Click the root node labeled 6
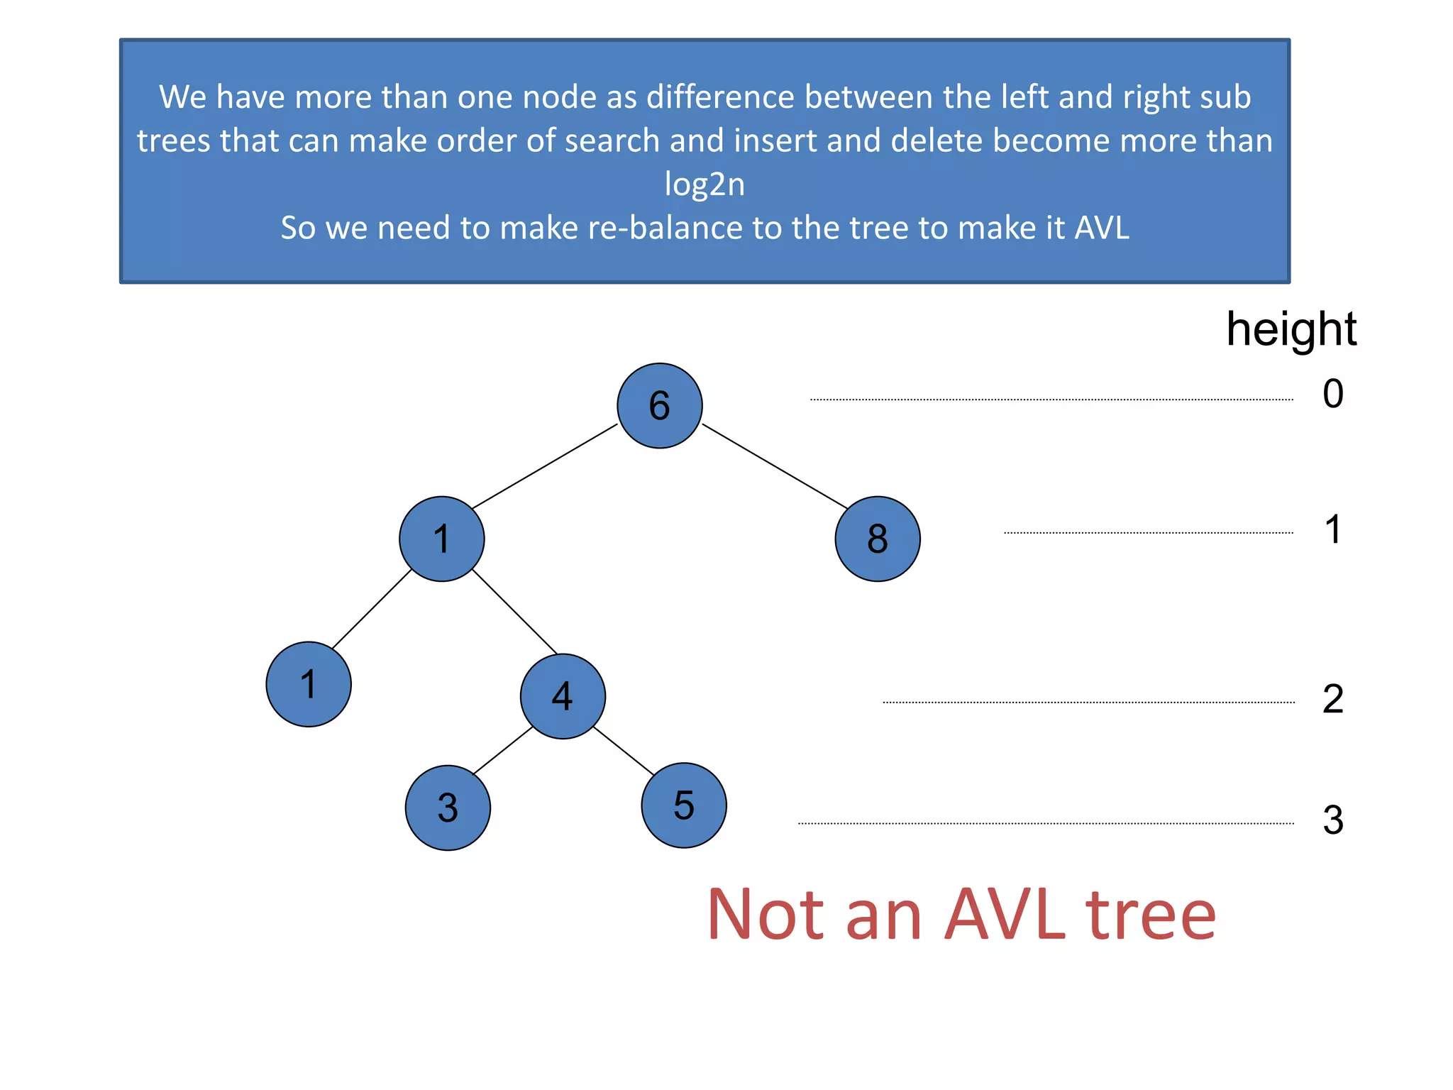coord(659,405)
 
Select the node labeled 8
coord(877,539)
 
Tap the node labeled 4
coord(563,696)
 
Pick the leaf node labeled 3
coord(448,808)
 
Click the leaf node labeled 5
coord(683,805)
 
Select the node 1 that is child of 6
coord(441,539)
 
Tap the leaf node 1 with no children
coord(309,684)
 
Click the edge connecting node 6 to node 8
coord(774,466)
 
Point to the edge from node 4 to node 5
coord(623,751)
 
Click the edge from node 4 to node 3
coord(503,751)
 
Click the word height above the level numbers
coord(1291,330)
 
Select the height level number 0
coord(1332,394)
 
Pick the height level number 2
coord(1332,699)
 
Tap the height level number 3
coord(1332,820)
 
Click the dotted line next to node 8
coord(1148,532)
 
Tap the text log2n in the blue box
coord(705,185)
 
